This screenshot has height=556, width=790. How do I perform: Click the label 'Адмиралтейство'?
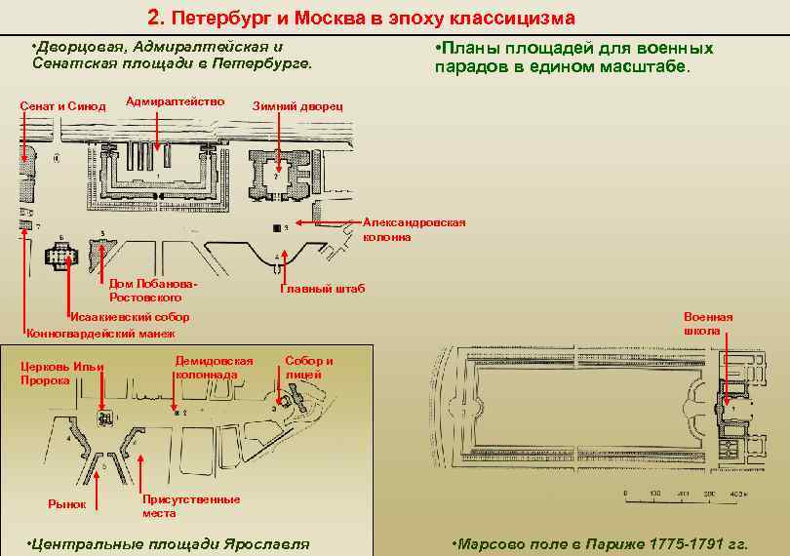(176, 101)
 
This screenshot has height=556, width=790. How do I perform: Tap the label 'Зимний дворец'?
(297, 105)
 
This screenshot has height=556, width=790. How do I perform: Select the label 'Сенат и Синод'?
(63, 105)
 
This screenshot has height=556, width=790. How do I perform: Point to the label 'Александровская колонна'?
(414, 229)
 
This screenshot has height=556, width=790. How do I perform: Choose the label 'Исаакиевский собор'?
(129, 317)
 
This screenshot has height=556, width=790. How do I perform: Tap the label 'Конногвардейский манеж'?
(99, 333)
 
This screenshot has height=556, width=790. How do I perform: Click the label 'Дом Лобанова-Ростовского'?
(154, 290)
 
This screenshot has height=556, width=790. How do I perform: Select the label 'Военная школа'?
(708, 324)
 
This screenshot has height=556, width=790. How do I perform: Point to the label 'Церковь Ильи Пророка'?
(62, 373)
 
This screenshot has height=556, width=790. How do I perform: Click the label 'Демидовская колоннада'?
(214, 367)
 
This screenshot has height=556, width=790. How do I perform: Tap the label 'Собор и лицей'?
(308, 367)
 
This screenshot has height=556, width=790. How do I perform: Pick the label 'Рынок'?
(67, 504)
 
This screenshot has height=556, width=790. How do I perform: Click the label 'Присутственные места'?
(190, 506)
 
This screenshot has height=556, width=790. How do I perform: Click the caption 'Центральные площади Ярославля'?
(169, 543)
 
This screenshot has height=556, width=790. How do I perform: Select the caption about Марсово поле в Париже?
(601, 543)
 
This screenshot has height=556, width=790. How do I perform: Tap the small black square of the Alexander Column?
(277, 227)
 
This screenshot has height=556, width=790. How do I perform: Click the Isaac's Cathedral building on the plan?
(61, 257)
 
